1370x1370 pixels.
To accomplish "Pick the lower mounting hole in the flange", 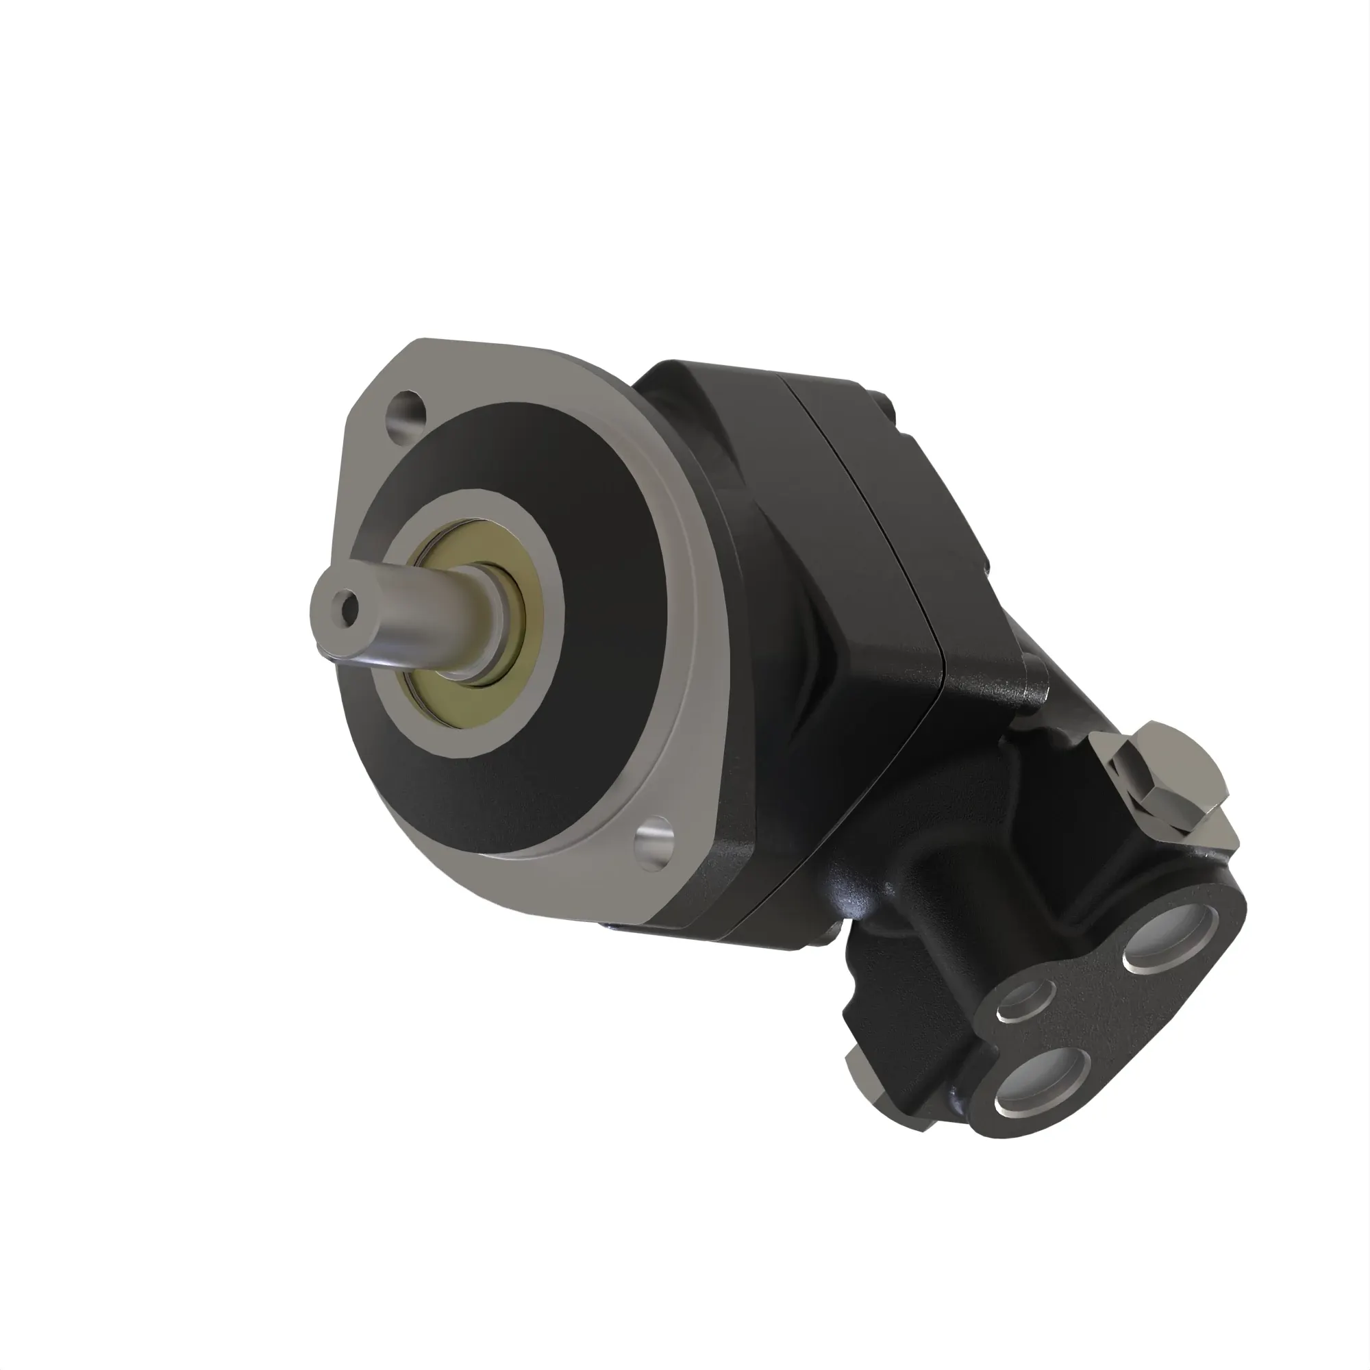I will [x=653, y=842].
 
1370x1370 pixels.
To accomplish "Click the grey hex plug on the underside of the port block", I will [x=862, y=1075].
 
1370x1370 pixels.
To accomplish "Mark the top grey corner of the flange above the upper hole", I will [x=440, y=355].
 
